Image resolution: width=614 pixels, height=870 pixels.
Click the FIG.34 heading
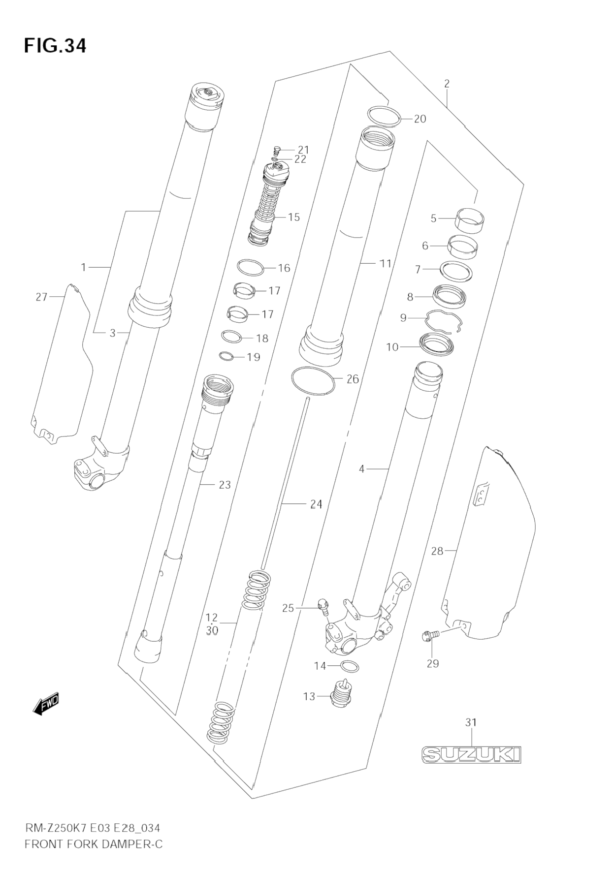coord(55,45)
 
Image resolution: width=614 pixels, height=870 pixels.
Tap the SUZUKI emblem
coord(471,754)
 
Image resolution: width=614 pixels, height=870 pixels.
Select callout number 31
coord(471,722)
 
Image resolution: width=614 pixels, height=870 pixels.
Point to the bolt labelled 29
coord(426,636)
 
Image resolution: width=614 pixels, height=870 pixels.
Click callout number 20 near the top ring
coord(420,119)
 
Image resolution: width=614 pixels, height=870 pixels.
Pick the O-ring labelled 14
coord(350,666)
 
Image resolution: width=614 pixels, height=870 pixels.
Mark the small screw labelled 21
coord(277,149)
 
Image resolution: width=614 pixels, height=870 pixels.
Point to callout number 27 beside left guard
coord(41,297)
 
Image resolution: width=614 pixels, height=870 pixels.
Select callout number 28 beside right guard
coord(437,551)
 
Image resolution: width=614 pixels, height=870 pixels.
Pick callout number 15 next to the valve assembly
coord(293,217)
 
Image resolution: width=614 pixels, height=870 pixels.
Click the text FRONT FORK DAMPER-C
coord(93,844)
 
